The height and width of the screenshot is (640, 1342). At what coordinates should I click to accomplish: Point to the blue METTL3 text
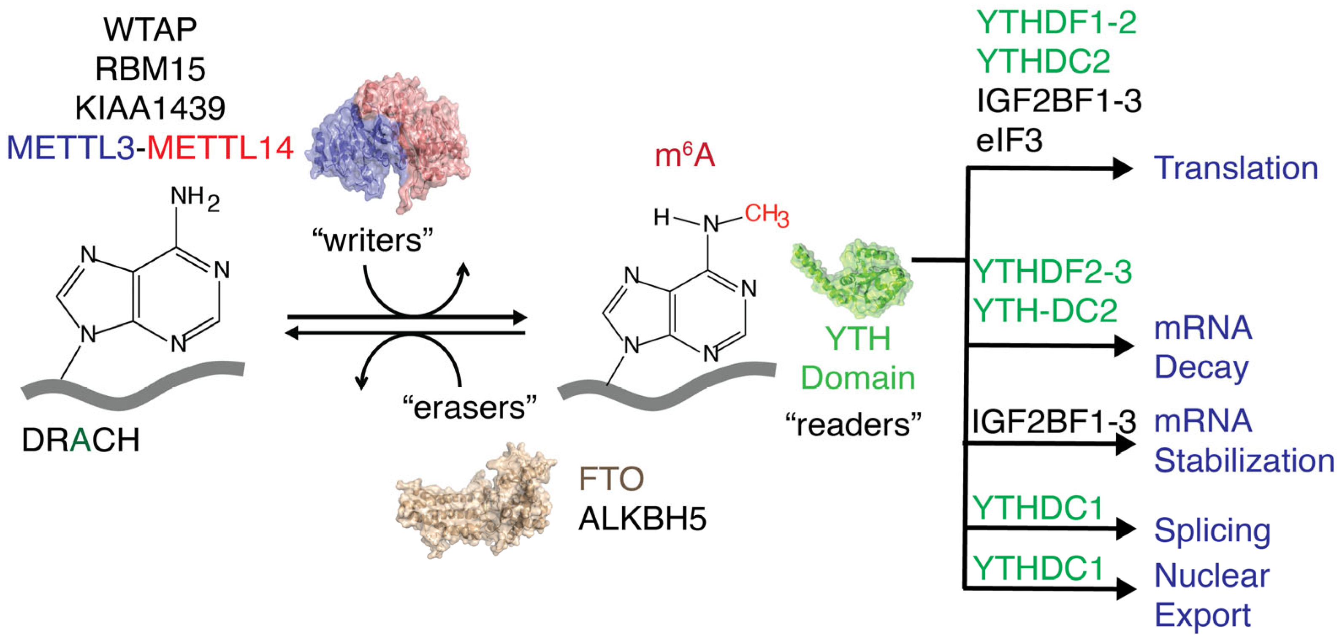(x=70, y=148)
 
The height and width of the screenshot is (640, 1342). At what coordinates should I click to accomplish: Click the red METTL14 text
(x=220, y=148)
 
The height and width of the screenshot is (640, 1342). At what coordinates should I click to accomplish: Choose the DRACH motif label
(x=81, y=440)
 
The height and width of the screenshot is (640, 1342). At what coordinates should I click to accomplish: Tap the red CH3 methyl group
(x=766, y=215)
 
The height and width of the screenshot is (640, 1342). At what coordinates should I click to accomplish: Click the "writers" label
(x=372, y=240)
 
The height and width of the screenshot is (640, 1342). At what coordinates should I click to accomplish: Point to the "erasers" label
(x=469, y=408)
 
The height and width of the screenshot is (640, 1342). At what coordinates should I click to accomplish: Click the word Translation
(x=1236, y=168)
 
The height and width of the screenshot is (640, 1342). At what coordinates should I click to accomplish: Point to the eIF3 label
(x=1009, y=140)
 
